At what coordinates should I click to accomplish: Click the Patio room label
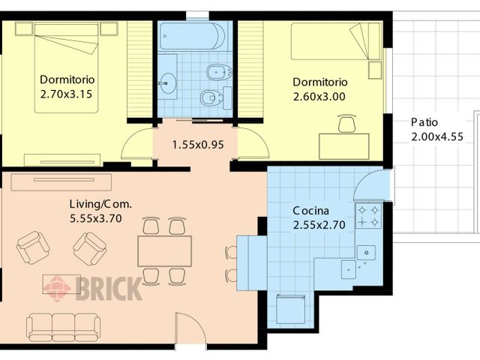[x=424, y=122]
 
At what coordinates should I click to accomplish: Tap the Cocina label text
[x=310, y=211]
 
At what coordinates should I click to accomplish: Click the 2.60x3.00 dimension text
[x=320, y=96]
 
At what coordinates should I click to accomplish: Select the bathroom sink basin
[x=168, y=82]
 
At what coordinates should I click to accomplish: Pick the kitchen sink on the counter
[x=366, y=253]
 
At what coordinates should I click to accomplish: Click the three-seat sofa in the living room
[x=63, y=326]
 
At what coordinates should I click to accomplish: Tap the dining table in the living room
[x=164, y=250]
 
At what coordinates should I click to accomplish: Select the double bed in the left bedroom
[x=67, y=67]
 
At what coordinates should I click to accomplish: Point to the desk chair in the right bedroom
[x=346, y=124]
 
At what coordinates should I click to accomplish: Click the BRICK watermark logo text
[x=108, y=288]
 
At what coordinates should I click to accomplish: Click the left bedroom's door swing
[x=137, y=145]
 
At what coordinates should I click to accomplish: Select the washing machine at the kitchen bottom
[x=291, y=307]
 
